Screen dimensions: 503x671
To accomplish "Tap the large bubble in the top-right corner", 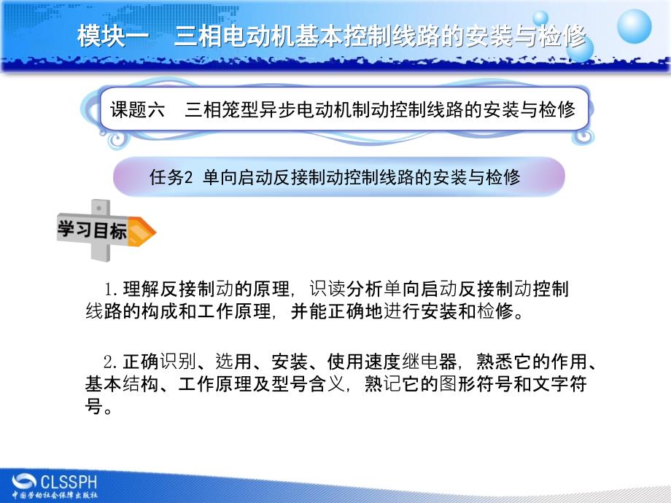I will pos(634,27).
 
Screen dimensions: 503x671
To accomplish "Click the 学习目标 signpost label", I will pos(92,230).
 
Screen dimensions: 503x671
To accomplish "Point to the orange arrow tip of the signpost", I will pos(146,231).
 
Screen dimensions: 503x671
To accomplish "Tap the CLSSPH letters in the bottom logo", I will pos(68,481).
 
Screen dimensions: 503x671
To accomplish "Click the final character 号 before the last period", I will pos(94,407).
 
